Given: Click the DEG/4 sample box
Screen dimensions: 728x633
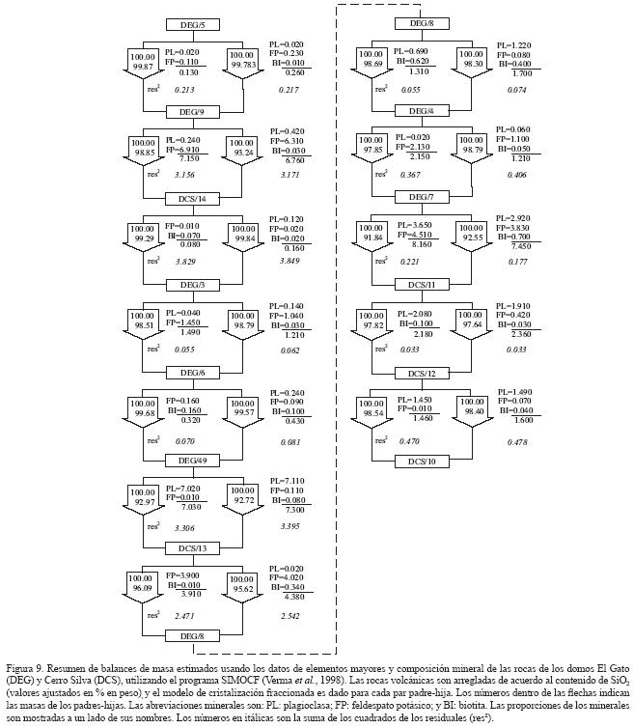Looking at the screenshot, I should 421,111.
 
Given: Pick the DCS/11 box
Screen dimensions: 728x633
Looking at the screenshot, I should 421,287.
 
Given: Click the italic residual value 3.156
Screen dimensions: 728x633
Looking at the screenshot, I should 185,176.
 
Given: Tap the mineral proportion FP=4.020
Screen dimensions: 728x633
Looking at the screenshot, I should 288,577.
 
